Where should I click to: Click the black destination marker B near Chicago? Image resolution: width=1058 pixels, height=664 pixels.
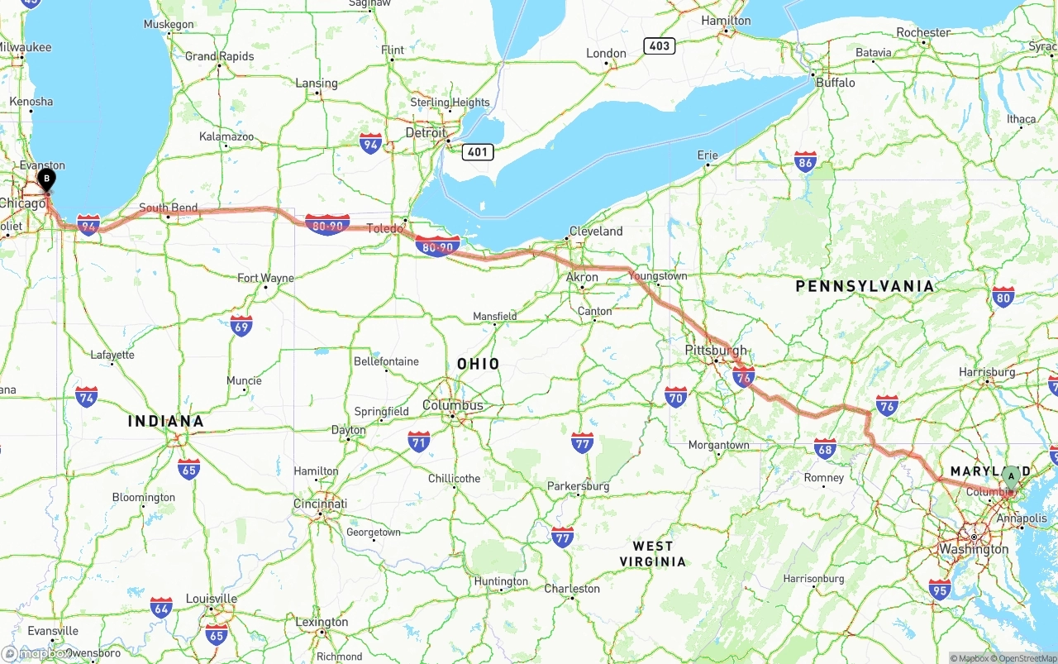(47, 178)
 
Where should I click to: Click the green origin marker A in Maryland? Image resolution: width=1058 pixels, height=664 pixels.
(1011, 477)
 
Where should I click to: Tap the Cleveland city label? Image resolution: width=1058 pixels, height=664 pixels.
(595, 232)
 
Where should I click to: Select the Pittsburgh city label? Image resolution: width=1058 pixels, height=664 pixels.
(715, 350)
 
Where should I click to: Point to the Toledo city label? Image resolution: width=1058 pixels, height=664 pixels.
(384, 228)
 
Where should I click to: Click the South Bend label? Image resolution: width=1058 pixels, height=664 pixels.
(168, 208)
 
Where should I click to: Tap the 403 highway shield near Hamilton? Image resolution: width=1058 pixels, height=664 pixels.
(660, 45)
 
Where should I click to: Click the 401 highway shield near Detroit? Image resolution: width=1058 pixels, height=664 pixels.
(479, 151)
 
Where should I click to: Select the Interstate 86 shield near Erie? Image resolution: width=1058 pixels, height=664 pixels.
(805, 161)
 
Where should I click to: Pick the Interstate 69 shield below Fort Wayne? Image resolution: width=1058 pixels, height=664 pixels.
(241, 325)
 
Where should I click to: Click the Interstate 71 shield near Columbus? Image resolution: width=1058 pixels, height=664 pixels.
(419, 441)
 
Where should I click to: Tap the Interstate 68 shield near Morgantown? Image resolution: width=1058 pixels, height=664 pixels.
(824, 449)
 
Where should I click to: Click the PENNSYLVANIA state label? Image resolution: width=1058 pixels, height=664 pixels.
(865, 286)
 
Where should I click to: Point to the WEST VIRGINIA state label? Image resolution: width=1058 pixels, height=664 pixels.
(653, 553)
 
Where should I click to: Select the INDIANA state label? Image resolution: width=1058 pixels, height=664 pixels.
(165, 422)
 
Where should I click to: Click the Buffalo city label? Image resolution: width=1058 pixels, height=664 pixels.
(835, 83)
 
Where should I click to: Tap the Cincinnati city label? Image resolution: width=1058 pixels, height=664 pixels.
(320, 504)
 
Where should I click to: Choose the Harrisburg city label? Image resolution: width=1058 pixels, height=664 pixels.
(987, 372)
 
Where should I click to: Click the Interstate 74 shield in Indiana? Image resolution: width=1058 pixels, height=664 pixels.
(86, 397)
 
